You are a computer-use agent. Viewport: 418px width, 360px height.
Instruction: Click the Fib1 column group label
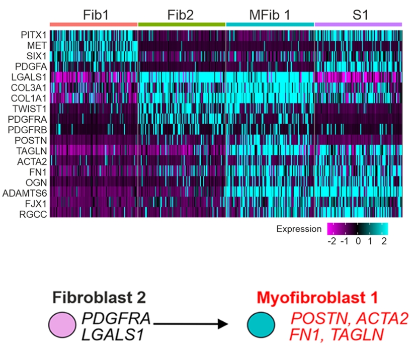[x=96, y=15]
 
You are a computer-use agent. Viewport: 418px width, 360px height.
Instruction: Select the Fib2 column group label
[x=181, y=15]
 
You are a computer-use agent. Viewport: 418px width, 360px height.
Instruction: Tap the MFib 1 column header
[x=270, y=15]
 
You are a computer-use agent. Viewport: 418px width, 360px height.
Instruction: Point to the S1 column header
[x=360, y=15]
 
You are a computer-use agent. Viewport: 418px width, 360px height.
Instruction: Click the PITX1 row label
[x=34, y=35]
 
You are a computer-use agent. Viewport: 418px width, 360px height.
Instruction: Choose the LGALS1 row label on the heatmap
[x=29, y=77]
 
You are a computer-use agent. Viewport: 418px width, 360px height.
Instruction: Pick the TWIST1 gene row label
[x=30, y=109]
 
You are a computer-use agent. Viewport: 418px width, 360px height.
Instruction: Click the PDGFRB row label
[x=27, y=130]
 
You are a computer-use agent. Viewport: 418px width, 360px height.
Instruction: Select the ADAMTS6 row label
[x=25, y=193]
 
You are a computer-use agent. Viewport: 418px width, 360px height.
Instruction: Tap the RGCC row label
[x=33, y=214]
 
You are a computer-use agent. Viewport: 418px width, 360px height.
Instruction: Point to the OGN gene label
[x=36, y=183]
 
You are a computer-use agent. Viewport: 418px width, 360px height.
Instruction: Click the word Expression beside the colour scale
[x=299, y=229]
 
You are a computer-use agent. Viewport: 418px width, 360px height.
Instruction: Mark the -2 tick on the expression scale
[x=332, y=241]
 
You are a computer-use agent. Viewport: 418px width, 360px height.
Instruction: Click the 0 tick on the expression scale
[x=358, y=241]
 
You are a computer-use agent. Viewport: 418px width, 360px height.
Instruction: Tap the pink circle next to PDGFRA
[x=62, y=325]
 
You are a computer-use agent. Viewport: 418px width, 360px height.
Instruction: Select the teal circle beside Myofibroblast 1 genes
[x=261, y=325]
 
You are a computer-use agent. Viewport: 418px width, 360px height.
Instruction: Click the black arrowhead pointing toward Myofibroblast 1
[x=223, y=324]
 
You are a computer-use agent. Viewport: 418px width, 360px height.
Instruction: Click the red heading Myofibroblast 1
[x=317, y=297]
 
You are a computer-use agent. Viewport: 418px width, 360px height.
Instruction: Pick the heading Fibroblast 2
[x=99, y=297]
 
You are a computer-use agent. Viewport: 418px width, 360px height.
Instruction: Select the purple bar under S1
[x=358, y=25]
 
